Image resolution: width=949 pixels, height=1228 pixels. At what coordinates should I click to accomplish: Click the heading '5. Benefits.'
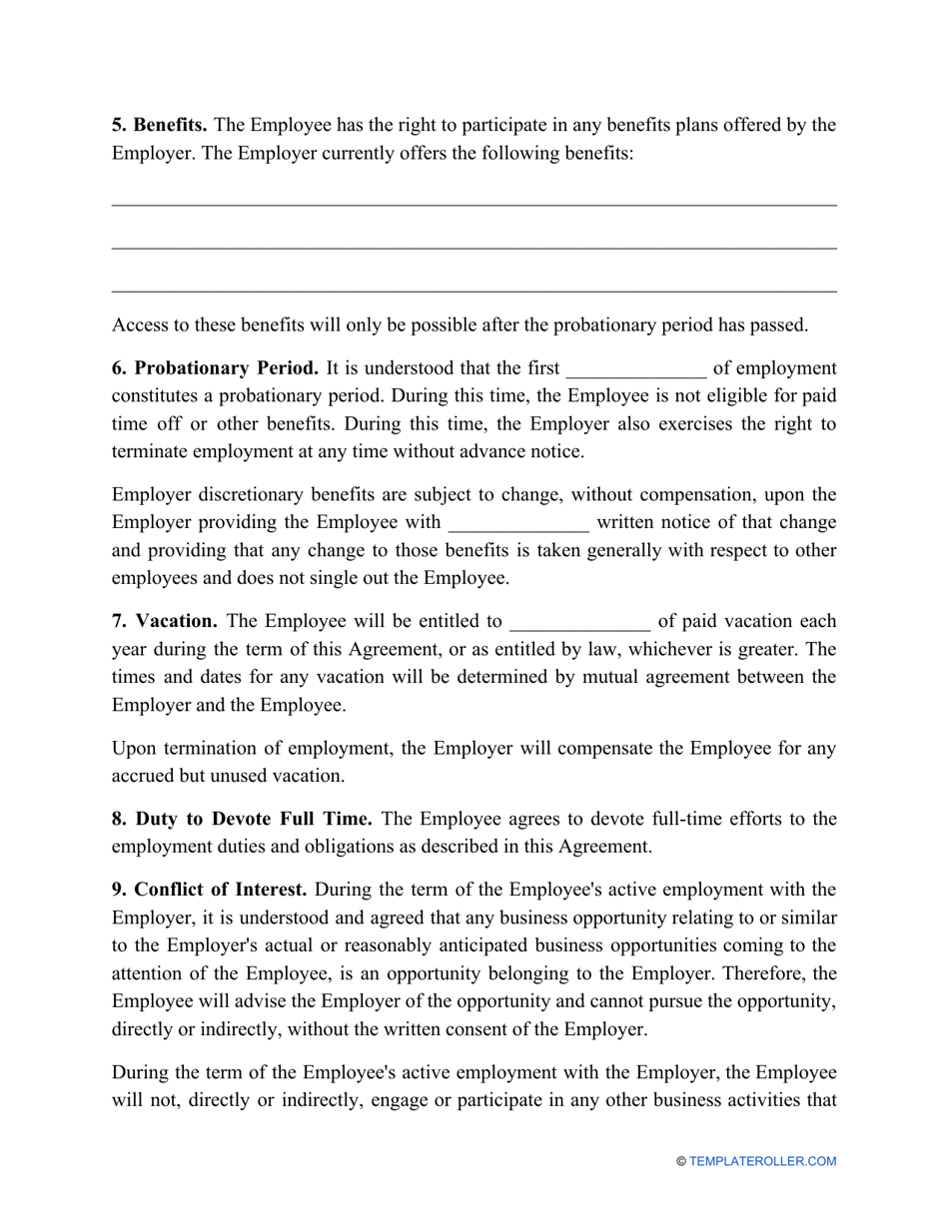point(160,126)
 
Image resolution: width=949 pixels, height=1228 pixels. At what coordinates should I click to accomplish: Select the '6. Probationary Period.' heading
point(215,368)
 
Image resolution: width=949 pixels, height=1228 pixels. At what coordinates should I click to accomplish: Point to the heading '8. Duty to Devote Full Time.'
point(242,820)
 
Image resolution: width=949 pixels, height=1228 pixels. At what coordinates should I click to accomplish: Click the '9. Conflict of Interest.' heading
point(209,890)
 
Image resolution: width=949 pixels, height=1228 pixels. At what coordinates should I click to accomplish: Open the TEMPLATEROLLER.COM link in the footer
point(763,1161)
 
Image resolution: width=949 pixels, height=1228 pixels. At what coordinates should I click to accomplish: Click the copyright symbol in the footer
point(681,1161)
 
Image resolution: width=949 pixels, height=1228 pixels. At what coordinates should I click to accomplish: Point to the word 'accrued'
point(143,776)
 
